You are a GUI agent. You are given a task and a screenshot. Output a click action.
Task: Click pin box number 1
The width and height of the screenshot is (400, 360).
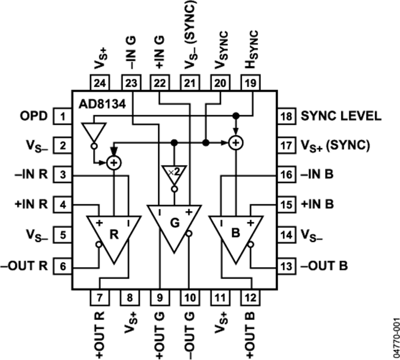[x=63, y=116]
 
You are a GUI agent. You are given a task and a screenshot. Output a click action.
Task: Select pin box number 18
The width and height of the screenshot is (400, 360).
[x=287, y=116]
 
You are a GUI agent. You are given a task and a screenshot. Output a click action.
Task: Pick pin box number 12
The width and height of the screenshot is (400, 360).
[x=250, y=297]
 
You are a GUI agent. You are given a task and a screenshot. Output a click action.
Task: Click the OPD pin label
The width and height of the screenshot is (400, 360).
[x=34, y=116]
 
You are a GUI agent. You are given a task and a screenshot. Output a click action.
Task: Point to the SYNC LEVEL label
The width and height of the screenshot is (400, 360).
[x=341, y=116]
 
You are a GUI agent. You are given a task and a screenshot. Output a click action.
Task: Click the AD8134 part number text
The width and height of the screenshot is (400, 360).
[x=102, y=104]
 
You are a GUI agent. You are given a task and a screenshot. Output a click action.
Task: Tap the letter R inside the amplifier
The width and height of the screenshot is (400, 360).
[x=114, y=234]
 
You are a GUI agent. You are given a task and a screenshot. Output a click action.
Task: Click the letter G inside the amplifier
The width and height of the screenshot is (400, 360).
[x=175, y=223]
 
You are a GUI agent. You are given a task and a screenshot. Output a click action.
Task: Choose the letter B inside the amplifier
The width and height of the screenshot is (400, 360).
[x=236, y=233]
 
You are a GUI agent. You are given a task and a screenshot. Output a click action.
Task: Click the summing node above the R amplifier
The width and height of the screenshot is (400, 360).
[x=114, y=163]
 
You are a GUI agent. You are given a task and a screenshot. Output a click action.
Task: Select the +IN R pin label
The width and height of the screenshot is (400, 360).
[x=32, y=204]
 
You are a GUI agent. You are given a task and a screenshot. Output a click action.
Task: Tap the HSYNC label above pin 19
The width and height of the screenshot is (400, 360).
[x=251, y=50]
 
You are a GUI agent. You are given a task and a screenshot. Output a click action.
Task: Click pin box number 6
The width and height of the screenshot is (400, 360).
[x=63, y=266]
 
